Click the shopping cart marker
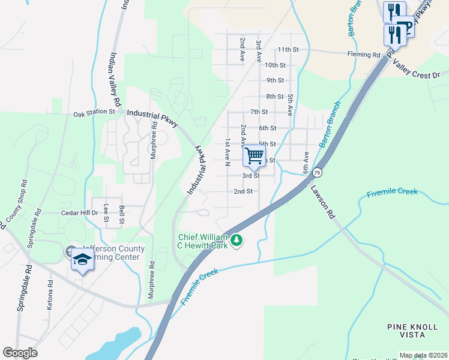click(x=255, y=157)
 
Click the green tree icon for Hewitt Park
click(x=237, y=241)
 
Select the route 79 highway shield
click(x=317, y=173)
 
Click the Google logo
click(x=20, y=353)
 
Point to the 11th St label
click(x=288, y=49)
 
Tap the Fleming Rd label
click(x=364, y=55)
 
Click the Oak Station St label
click(x=94, y=112)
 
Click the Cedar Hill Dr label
click(x=79, y=213)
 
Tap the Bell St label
click(x=121, y=214)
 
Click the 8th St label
click(x=275, y=97)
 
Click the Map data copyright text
click(x=423, y=355)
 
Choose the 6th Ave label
click(x=307, y=161)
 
